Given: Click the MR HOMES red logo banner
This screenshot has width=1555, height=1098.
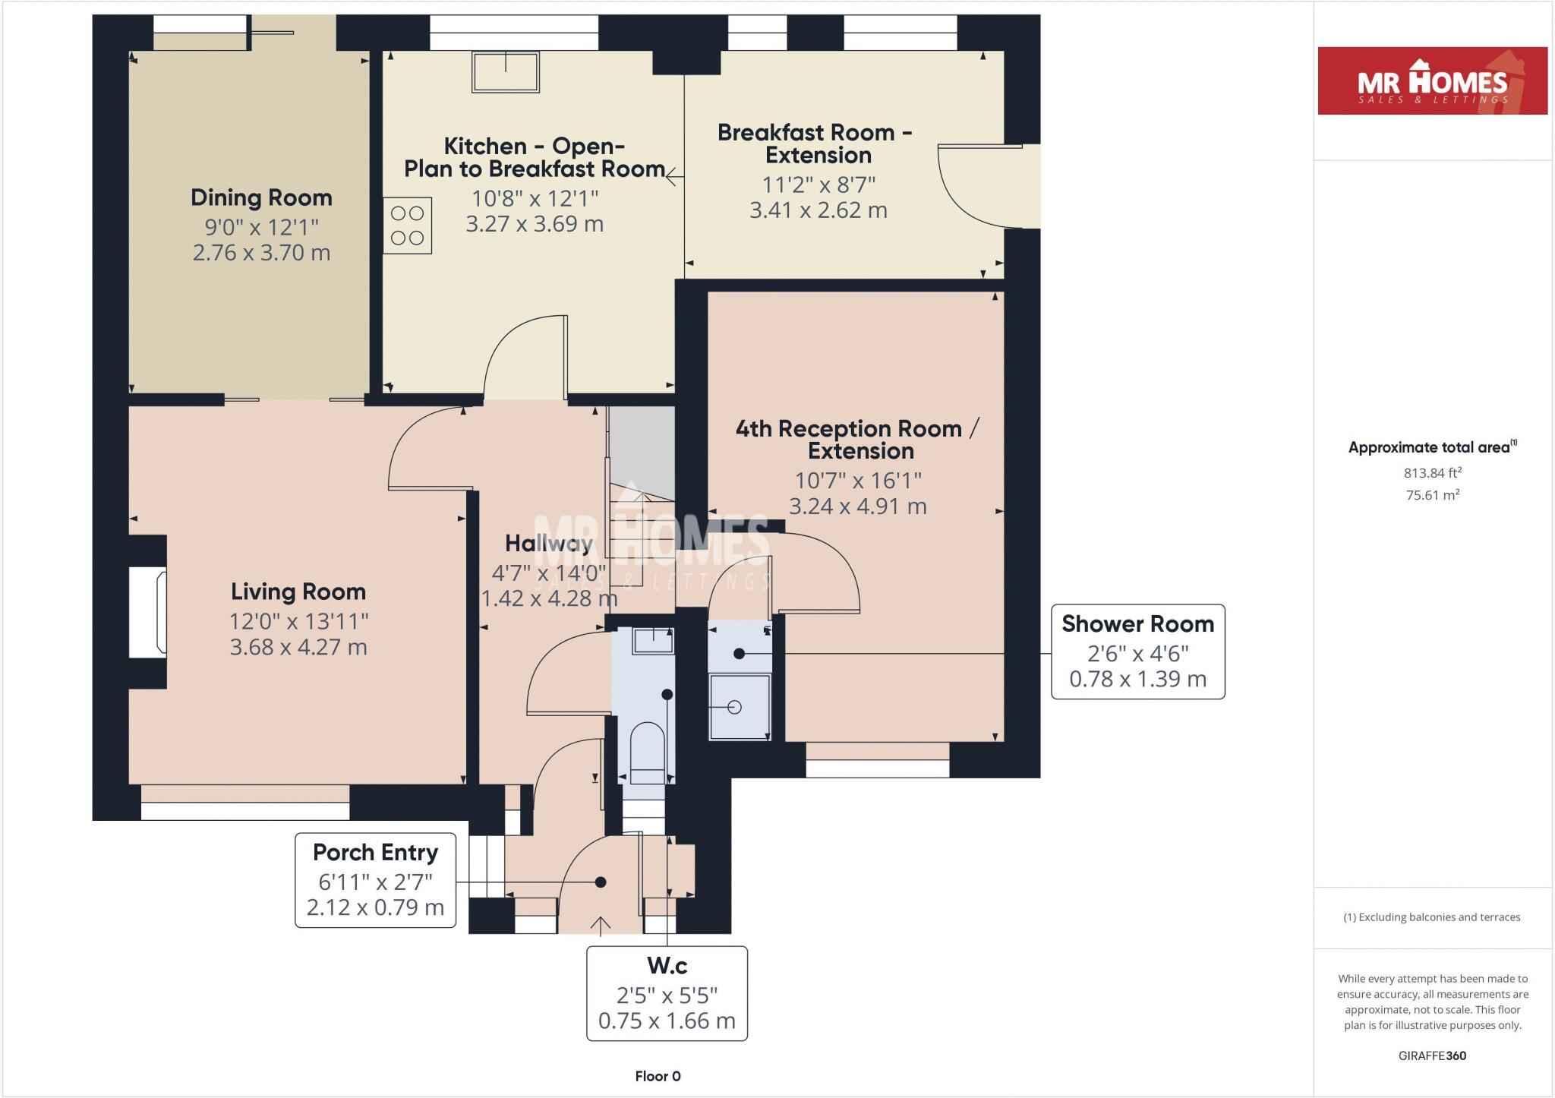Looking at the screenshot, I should [x=1432, y=81].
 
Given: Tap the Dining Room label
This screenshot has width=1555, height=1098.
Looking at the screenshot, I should [x=261, y=198].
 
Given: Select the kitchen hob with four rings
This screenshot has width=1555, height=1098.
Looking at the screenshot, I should [x=408, y=226].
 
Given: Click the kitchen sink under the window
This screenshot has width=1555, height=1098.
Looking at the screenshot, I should [x=506, y=72].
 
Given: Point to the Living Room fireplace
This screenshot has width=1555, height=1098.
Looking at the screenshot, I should [x=148, y=611].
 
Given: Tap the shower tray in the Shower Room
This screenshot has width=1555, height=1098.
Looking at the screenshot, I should [x=740, y=707].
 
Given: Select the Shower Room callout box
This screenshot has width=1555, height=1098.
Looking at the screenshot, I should [x=1137, y=652].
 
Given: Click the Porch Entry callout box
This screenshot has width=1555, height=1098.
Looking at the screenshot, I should [x=375, y=880].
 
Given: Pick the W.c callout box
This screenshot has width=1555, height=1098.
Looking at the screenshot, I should [x=667, y=993].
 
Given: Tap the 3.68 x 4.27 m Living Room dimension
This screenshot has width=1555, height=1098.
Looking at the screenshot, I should [x=298, y=648].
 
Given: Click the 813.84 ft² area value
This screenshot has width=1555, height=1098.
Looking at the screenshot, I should [x=1432, y=473].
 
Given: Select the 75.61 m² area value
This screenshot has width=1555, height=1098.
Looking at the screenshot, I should [x=1432, y=495].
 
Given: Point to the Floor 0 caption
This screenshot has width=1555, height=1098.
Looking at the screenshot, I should [x=658, y=1076].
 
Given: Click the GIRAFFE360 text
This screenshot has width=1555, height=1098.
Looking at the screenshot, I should [x=1432, y=1055].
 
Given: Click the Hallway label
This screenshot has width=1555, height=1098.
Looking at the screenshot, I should [x=548, y=544].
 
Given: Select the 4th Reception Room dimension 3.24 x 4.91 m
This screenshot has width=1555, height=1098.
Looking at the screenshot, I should [x=857, y=506].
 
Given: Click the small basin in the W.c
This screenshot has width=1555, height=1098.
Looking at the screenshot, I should [x=653, y=642].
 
